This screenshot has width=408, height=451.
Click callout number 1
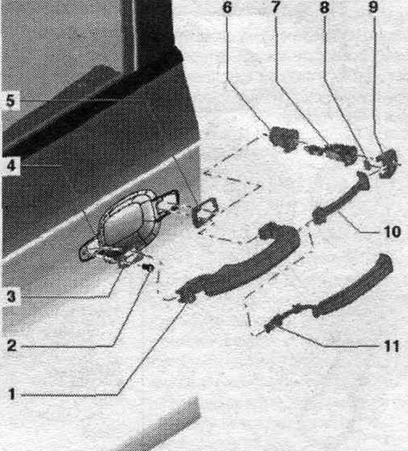12,394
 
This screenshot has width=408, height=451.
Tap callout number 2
12,345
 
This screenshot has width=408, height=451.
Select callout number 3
11,297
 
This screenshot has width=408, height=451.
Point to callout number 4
11,165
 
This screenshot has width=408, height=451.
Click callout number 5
10,101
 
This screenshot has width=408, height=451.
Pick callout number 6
227,8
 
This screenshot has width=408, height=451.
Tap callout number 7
275,8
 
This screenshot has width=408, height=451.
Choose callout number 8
325,8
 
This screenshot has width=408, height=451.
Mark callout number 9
373,8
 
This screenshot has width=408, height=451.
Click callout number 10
393,232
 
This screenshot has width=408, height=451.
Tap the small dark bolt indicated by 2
148,268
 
